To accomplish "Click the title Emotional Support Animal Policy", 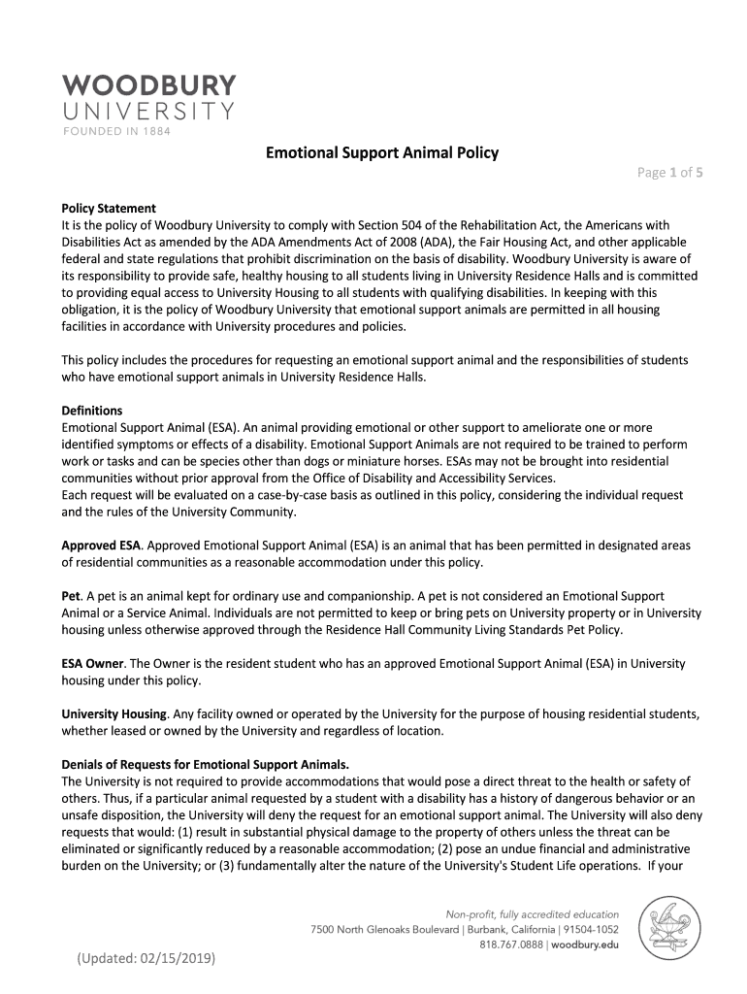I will (383, 152).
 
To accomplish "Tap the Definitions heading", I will (92, 411).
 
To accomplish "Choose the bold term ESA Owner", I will (93, 664).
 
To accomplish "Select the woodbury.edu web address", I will (585, 944).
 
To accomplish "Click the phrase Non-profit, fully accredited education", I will (532, 914).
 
